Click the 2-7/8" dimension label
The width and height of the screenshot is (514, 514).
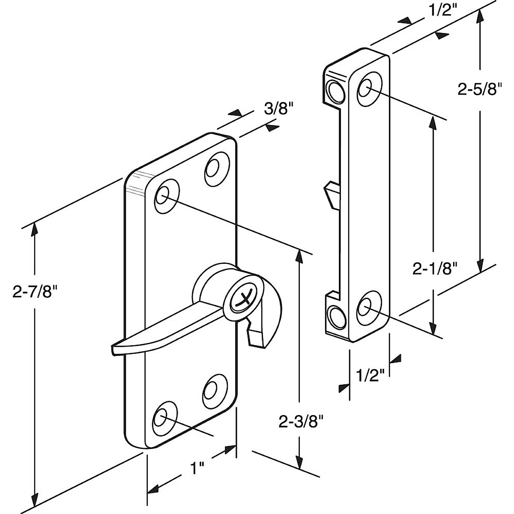pos(35,293)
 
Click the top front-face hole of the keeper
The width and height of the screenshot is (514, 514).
pos(366,89)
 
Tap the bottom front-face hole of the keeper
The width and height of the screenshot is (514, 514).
pos(365,307)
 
